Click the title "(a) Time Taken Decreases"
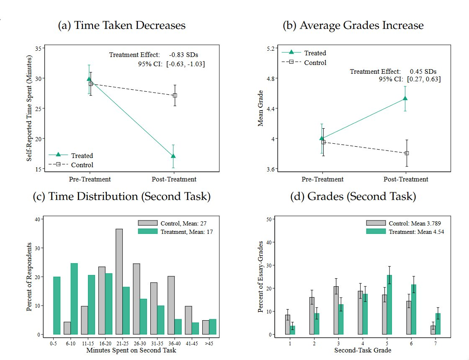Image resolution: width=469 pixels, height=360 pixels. click(x=121, y=26)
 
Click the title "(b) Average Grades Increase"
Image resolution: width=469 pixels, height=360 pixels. click(x=353, y=26)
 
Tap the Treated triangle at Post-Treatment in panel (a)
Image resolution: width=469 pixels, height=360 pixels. click(x=173, y=156)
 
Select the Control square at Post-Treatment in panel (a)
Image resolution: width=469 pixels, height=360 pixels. click(x=175, y=96)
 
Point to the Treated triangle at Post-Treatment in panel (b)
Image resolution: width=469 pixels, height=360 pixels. click(x=405, y=98)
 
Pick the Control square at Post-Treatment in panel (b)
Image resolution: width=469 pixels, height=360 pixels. click(x=407, y=153)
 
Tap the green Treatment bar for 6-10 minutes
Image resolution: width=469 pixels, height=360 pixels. click(x=74, y=299)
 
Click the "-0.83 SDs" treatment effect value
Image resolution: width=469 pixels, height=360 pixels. click(x=184, y=55)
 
